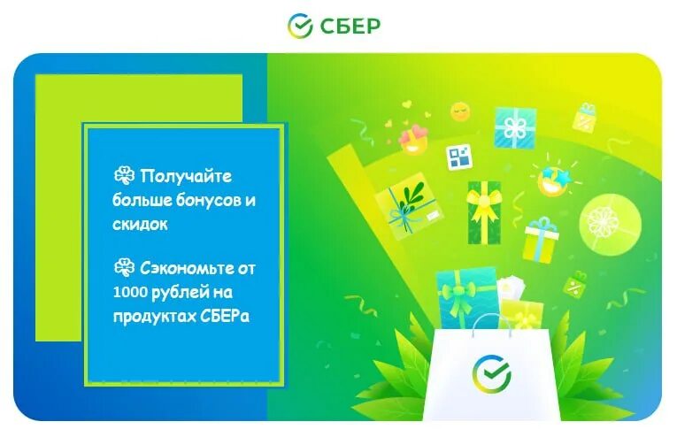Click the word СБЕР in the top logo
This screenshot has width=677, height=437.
pyautogui.click(x=350, y=25)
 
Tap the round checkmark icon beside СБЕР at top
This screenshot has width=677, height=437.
pyautogui.click(x=300, y=26)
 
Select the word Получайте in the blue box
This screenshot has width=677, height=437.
pyautogui.click(x=186, y=177)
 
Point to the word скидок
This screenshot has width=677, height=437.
pyautogui.click(x=140, y=225)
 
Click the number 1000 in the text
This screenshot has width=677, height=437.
pyautogui.click(x=130, y=292)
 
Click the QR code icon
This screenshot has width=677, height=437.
pyautogui.click(x=458, y=157)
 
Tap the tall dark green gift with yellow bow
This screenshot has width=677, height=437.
pyautogui.click(x=483, y=212)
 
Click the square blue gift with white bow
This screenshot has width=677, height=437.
pyautogui.click(x=515, y=127)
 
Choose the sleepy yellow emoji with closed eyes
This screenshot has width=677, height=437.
pyautogui.click(x=460, y=111)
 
